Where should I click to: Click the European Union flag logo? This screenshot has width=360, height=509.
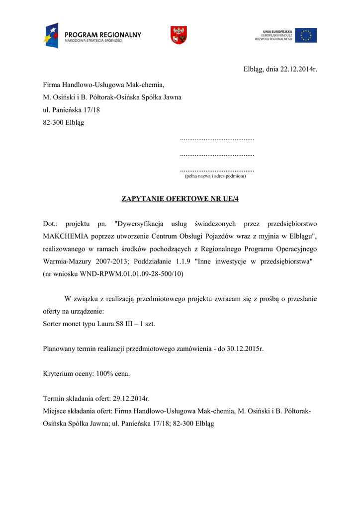[306, 35]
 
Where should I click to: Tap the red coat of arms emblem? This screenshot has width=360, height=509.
[178, 35]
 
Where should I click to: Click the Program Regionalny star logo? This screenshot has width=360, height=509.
[50, 35]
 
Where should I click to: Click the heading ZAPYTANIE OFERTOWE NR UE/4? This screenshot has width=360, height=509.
[180, 199]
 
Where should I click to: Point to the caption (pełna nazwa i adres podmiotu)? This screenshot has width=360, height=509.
[215, 176]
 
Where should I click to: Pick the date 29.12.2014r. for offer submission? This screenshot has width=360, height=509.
[131, 399]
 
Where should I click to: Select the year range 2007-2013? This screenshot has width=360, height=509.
[114, 261]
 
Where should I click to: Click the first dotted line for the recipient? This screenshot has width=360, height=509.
[217, 140]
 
